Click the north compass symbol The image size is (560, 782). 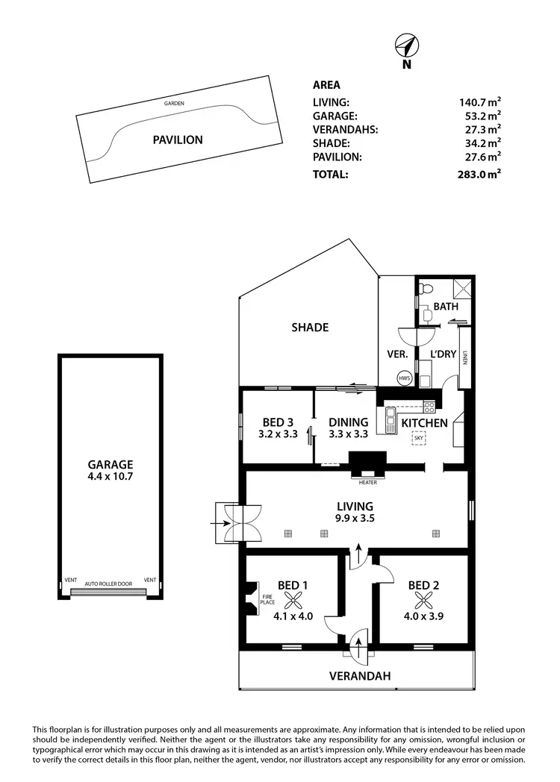click(406, 47)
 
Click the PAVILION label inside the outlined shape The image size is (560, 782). click(178, 140)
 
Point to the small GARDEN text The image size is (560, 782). click(174, 103)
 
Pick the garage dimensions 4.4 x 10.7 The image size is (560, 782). click(108, 475)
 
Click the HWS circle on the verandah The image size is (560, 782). click(405, 378)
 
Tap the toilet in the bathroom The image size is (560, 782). click(426, 289)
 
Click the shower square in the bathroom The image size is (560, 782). click(463, 288)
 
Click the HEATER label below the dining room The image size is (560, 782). click(367, 483)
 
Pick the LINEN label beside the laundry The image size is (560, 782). click(464, 358)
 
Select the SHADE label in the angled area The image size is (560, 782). click(310, 328)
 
